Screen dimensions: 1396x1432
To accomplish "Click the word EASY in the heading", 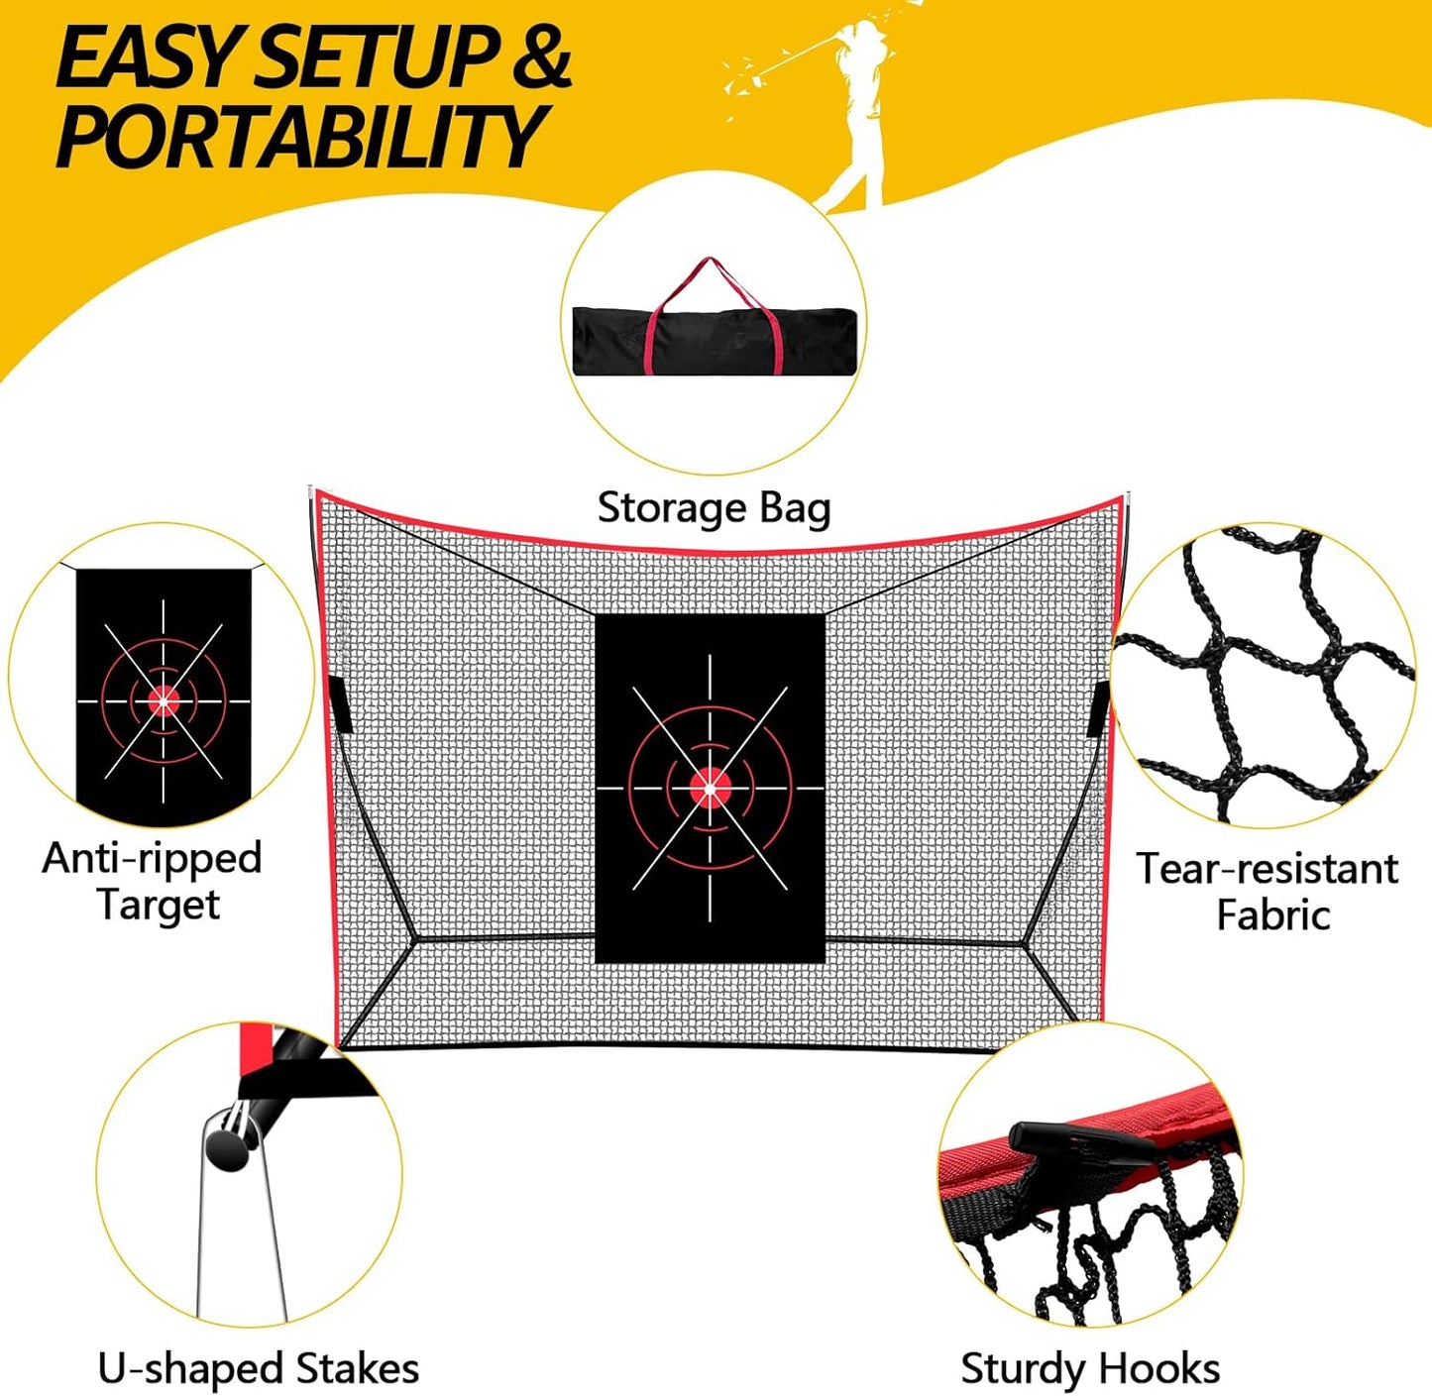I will (149, 59).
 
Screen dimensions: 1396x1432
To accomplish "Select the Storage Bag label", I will (714, 508).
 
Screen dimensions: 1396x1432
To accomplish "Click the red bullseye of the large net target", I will (710, 788).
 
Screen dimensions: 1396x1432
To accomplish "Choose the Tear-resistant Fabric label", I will (1268, 891).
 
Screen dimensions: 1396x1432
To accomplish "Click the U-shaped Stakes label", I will (258, 1368).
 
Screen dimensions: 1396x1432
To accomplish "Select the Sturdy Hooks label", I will (1090, 1368).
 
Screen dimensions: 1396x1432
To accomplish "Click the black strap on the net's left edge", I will (336, 704).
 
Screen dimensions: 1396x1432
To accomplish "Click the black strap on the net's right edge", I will (1098, 707).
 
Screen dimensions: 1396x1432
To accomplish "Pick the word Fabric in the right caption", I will (1272, 914).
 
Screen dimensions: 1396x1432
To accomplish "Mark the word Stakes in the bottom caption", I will (358, 1368).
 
